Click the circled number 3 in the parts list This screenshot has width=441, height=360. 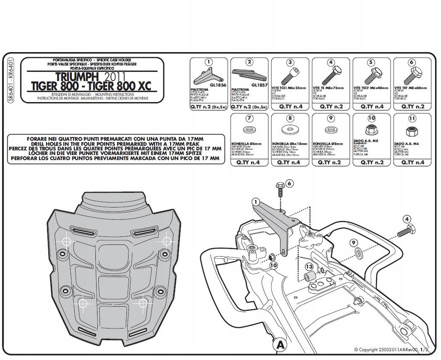[290, 62]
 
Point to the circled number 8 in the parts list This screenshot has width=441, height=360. [290, 118]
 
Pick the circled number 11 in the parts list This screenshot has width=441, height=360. [412, 118]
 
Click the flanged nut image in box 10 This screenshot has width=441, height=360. [371, 129]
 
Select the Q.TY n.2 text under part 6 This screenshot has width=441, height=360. [412, 106]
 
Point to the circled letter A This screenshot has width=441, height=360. [280, 344]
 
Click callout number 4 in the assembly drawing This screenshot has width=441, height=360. [407, 219]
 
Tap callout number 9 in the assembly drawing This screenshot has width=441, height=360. [352, 242]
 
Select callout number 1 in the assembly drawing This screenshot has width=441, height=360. [256, 201]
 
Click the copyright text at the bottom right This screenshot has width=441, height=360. [392, 349]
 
